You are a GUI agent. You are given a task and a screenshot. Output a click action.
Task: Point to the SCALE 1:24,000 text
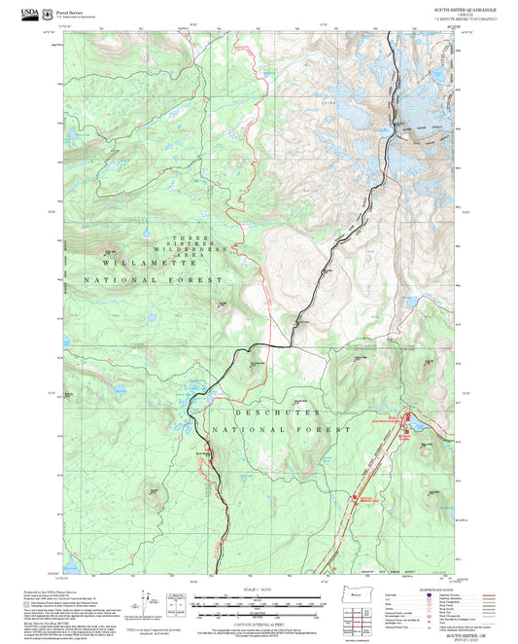click(x=259, y=586)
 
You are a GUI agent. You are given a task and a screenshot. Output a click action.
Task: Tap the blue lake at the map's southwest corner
click(x=73, y=555)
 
